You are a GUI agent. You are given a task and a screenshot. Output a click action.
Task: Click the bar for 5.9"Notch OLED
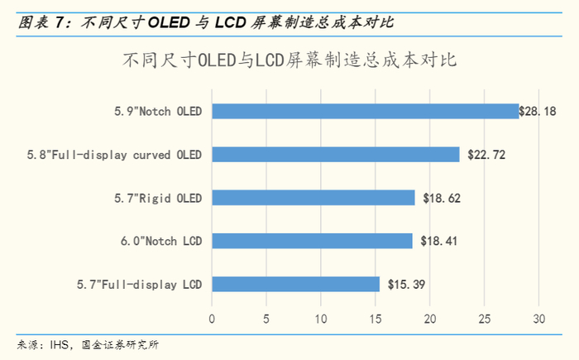(366, 111)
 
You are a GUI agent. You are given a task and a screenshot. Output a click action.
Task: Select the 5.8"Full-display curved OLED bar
(336, 154)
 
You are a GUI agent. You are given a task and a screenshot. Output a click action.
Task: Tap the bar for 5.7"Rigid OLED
(313, 197)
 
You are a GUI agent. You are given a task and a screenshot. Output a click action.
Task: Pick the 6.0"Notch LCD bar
(312, 241)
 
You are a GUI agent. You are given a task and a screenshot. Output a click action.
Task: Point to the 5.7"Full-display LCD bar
(296, 284)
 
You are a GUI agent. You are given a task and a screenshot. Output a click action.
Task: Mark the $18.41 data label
(439, 241)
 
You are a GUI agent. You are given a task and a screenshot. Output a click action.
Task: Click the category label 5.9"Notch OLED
(158, 111)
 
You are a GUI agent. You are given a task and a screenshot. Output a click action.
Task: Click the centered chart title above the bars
(289, 60)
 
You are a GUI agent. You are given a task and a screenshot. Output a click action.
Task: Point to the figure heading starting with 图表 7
(148, 23)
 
